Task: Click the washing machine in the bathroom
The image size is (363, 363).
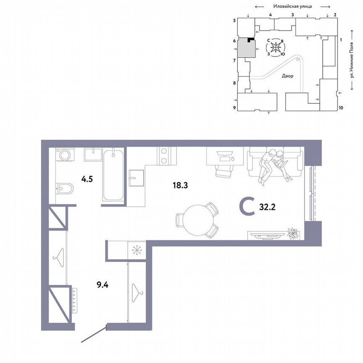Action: point(66,155)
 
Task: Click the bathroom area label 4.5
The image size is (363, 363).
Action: point(87,178)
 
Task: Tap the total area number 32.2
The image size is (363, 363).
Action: point(266,206)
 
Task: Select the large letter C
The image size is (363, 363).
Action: point(247,206)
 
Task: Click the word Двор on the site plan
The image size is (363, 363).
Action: point(288,76)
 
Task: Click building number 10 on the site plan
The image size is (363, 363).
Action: point(341,108)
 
